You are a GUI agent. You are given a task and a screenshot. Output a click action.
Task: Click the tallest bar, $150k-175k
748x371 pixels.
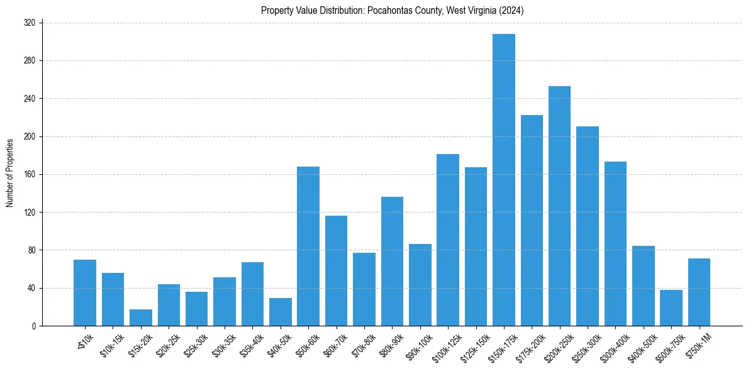click(503, 180)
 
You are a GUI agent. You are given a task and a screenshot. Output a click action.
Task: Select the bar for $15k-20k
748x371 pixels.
click(141, 318)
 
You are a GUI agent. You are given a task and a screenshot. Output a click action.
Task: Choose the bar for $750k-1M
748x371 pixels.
click(699, 292)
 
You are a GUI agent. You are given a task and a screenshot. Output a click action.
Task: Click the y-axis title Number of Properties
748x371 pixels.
click(9, 173)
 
